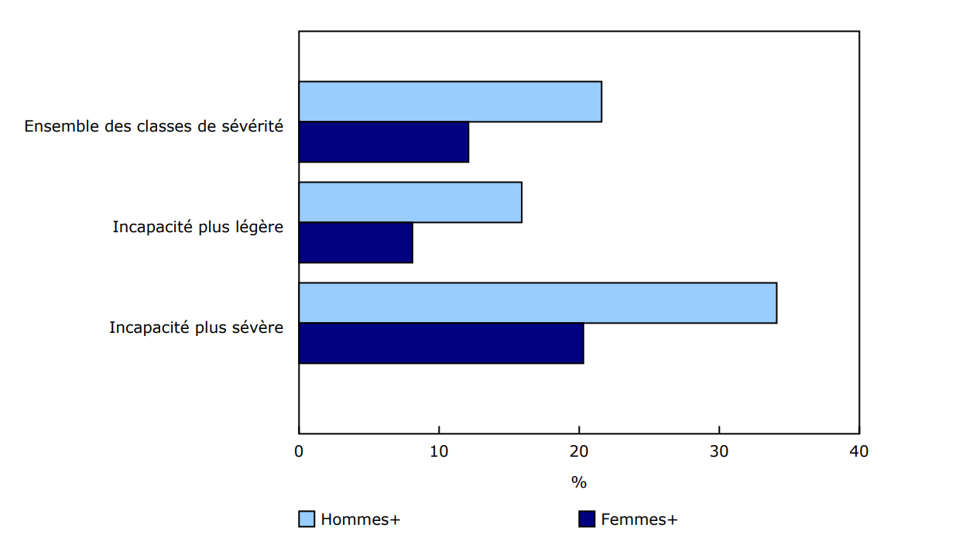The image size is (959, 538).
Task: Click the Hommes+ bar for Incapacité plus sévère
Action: tap(537, 303)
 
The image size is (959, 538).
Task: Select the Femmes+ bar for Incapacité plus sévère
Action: tap(441, 343)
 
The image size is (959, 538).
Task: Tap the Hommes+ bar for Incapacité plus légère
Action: tap(410, 202)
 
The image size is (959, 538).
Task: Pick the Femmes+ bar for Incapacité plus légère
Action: tap(355, 242)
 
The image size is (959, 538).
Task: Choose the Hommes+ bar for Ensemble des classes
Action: tap(450, 101)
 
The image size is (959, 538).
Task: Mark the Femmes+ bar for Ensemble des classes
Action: tap(383, 142)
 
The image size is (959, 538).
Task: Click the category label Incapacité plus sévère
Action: tap(196, 327)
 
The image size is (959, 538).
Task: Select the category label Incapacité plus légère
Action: tap(197, 227)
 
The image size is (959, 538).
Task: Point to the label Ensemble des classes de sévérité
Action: tap(153, 126)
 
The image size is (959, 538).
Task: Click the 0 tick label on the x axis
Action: tap(299, 452)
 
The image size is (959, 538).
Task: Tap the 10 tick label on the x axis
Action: tap(439, 452)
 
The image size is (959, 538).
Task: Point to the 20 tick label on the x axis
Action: tap(579, 452)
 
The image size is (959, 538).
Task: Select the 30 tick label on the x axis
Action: tap(719, 452)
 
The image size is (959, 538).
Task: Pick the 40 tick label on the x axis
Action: tap(859, 452)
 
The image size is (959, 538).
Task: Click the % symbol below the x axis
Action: tap(579, 483)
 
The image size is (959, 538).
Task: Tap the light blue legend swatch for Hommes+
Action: tap(307, 519)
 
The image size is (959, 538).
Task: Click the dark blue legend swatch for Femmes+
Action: tap(587, 519)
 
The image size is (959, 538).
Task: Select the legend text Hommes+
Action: tap(361, 519)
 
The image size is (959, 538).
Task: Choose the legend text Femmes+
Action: tap(639, 519)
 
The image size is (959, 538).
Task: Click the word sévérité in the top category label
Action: tap(252, 126)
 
